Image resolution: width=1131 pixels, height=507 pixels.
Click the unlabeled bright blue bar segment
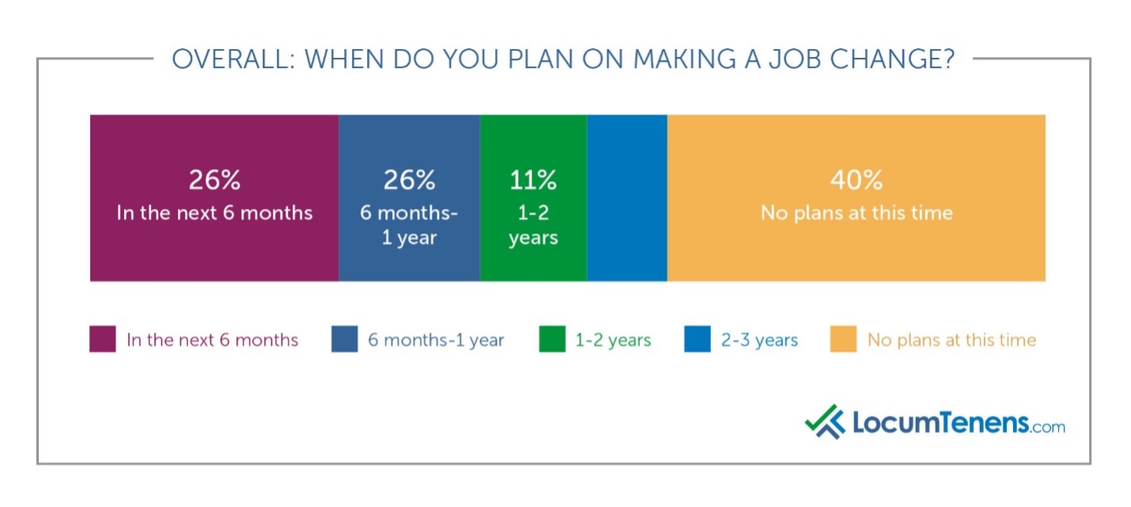click(x=626, y=198)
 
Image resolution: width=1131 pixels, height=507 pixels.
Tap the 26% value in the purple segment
click(x=214, y=180)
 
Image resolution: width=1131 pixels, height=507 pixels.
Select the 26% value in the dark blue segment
click(x=409, y=180)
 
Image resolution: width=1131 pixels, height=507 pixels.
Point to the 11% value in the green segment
click(x=533, y=180)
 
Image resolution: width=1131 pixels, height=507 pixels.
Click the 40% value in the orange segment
click(x=856, y=180)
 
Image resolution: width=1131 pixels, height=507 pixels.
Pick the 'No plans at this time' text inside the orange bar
click(x=856, y=213)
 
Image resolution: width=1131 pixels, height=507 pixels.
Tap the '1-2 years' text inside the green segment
click(x=533, y=225)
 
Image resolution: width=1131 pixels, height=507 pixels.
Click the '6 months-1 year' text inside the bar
click(x=409, y=225)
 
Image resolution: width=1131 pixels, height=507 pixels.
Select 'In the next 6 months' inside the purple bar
click(x=214, y=213)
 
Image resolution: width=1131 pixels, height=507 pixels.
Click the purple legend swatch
click(x=103, y=340)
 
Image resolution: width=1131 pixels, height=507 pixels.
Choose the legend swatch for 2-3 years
click(x=698, y=340)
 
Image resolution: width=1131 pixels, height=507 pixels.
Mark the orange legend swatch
click(x=843, y=340)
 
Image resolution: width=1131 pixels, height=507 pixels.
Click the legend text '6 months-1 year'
click(x=436, y=341)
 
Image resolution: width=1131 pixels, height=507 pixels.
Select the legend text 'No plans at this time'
click(x=951, y=341)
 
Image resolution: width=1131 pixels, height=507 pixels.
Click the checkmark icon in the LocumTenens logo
click(x=825, y=422)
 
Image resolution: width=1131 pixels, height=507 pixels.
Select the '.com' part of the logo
click(x=1048, y=427)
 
